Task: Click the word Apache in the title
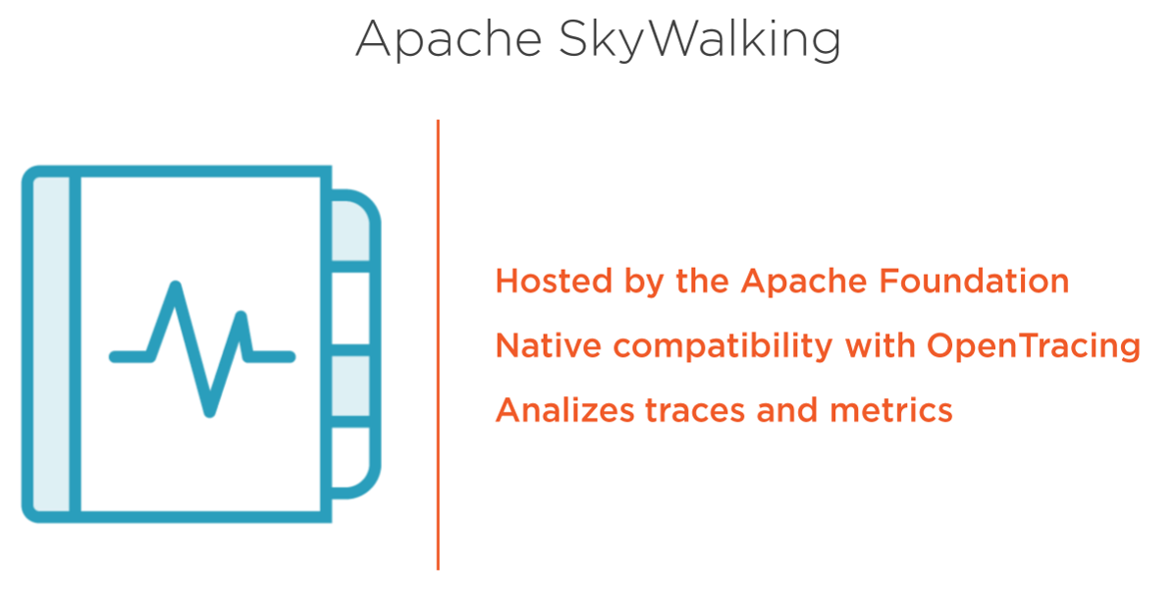(x=449, y=39)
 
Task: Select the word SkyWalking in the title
(x=700, y=39)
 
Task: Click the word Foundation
(x=974, y=281)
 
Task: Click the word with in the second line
(x=880, y=346)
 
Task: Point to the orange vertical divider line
(x=438, y=344)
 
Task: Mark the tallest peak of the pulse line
(x=176, y=286)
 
